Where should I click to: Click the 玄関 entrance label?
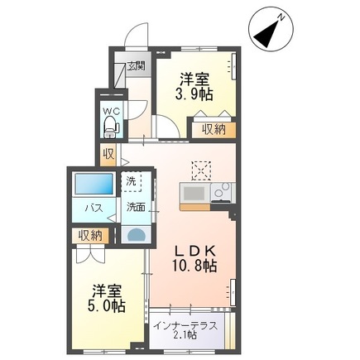point(136,66)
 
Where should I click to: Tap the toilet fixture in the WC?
point(111,127)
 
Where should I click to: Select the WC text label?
point(112,112)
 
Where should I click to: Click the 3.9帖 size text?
point(194,94)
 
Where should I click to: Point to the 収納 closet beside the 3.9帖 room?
point(214,129)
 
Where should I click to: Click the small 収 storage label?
point(109,155)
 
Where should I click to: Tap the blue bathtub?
point(94,184)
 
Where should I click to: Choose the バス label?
point(94,208)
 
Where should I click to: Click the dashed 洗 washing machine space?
point(132,181)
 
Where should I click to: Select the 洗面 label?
point(136,207)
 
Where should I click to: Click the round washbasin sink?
point(136,235)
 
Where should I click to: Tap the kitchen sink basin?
point(194,192)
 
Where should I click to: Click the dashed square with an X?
point(201,171)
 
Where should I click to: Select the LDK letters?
point(195,252)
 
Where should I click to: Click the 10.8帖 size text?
point(194,266)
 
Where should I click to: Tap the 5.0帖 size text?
point(107,305)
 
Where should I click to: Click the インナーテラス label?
point(185,326)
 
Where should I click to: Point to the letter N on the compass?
point(281,17)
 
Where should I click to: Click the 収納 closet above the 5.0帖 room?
point(90,236)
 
